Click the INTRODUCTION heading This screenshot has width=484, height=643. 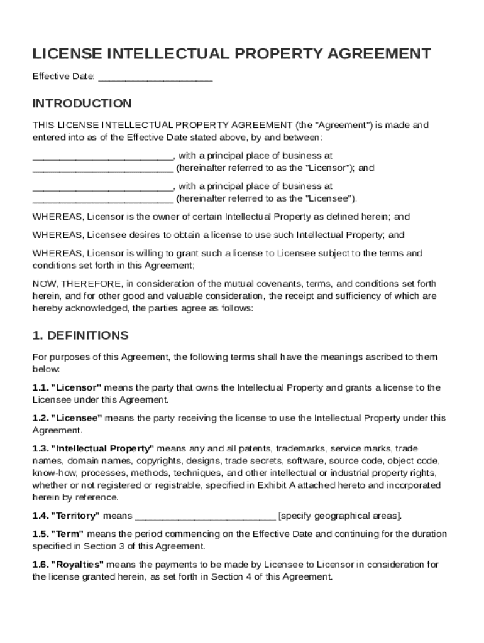(x=82, y=104)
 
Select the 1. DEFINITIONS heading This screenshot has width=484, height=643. (x=80, y=335)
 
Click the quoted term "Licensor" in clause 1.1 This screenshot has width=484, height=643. (x=76, y=387)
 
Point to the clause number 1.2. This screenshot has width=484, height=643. (x=40, y=418)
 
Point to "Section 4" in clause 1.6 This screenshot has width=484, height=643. (x=229, y=577)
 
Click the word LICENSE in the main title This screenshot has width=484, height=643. (x=67, y=54)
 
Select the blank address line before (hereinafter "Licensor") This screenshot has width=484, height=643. (x=102, y=168)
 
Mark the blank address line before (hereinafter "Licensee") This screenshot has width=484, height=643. (x=102, y=199)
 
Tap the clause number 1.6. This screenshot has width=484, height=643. (x=40, y=565)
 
